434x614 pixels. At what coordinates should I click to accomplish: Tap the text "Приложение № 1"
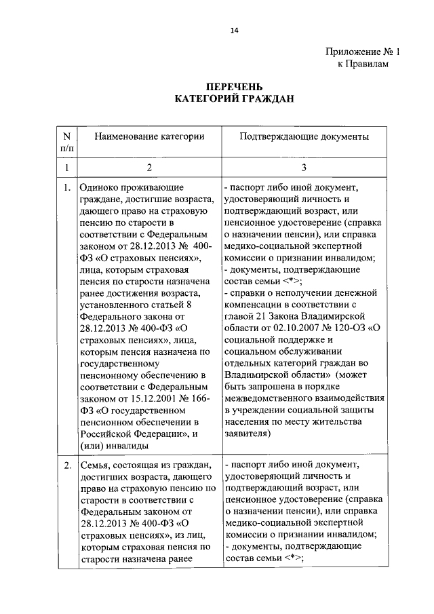click(358, 52)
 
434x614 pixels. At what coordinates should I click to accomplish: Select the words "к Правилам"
click(364, 63)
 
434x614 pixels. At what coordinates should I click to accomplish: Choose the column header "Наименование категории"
click(149, 136)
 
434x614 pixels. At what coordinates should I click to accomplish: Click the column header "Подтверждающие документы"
click(304, 136)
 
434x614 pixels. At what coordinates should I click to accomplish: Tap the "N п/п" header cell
click(67, 142)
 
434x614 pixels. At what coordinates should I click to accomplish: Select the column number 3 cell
click(304, 166)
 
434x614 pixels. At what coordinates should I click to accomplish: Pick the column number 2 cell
click(149, 166)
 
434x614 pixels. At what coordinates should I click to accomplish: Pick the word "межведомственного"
click(267, 397)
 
